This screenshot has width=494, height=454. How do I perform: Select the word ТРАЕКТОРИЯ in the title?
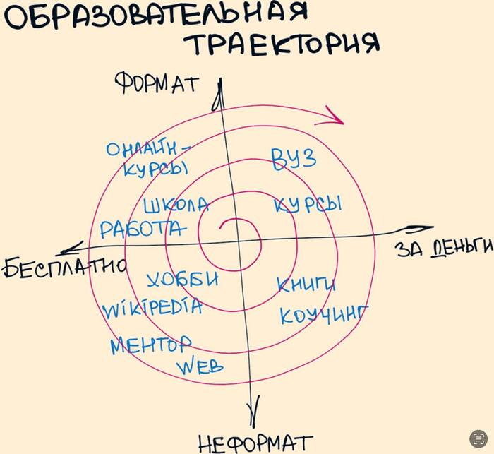tap(282, 44)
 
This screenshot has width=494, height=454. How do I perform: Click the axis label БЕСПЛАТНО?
tap(64, 268)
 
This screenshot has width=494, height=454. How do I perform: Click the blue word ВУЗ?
tap(294, 159)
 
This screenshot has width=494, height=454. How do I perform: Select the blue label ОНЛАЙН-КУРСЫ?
tap(149, 159)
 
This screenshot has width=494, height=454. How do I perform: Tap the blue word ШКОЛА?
tap(176, 205)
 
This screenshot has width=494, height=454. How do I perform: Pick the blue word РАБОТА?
tap(143, 229)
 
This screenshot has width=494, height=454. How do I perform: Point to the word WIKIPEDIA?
tap(152, 309)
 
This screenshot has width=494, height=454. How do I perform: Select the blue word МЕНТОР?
tap(150, 345)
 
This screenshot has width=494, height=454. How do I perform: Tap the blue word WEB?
tap(200, 366)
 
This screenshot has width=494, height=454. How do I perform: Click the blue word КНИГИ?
tap(306, 284)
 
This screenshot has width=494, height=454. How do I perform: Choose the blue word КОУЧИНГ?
tap(323, 314)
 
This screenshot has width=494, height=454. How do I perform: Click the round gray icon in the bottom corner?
tap(478, 438)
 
